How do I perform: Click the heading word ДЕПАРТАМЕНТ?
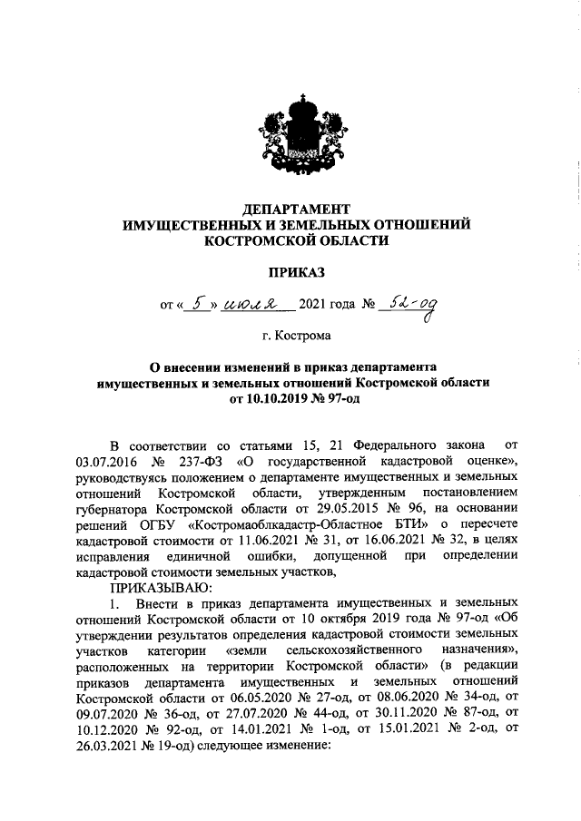coord(291,208)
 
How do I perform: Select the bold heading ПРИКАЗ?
coord(291,271)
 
